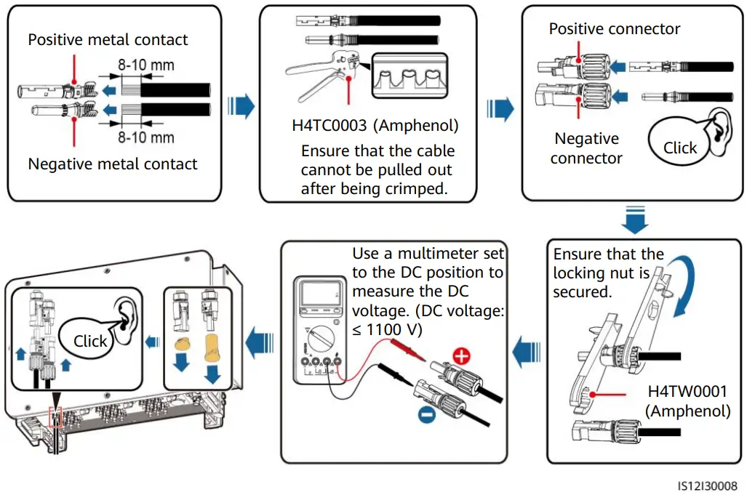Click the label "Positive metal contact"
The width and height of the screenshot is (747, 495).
point(108,40)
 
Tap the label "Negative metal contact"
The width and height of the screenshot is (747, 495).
point(112,164)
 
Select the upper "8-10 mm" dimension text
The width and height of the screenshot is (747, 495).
point(146,65)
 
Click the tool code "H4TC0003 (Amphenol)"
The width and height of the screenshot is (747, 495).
point(375,125)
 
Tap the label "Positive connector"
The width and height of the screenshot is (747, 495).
point(615,29)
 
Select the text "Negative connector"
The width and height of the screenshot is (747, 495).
point(586,148)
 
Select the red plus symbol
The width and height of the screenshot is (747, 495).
point(461,358)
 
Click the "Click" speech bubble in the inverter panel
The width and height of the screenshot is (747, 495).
point(90,341)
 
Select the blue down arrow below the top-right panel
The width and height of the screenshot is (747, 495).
point(636,220)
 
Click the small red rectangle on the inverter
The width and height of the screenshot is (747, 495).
point(56,417)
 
